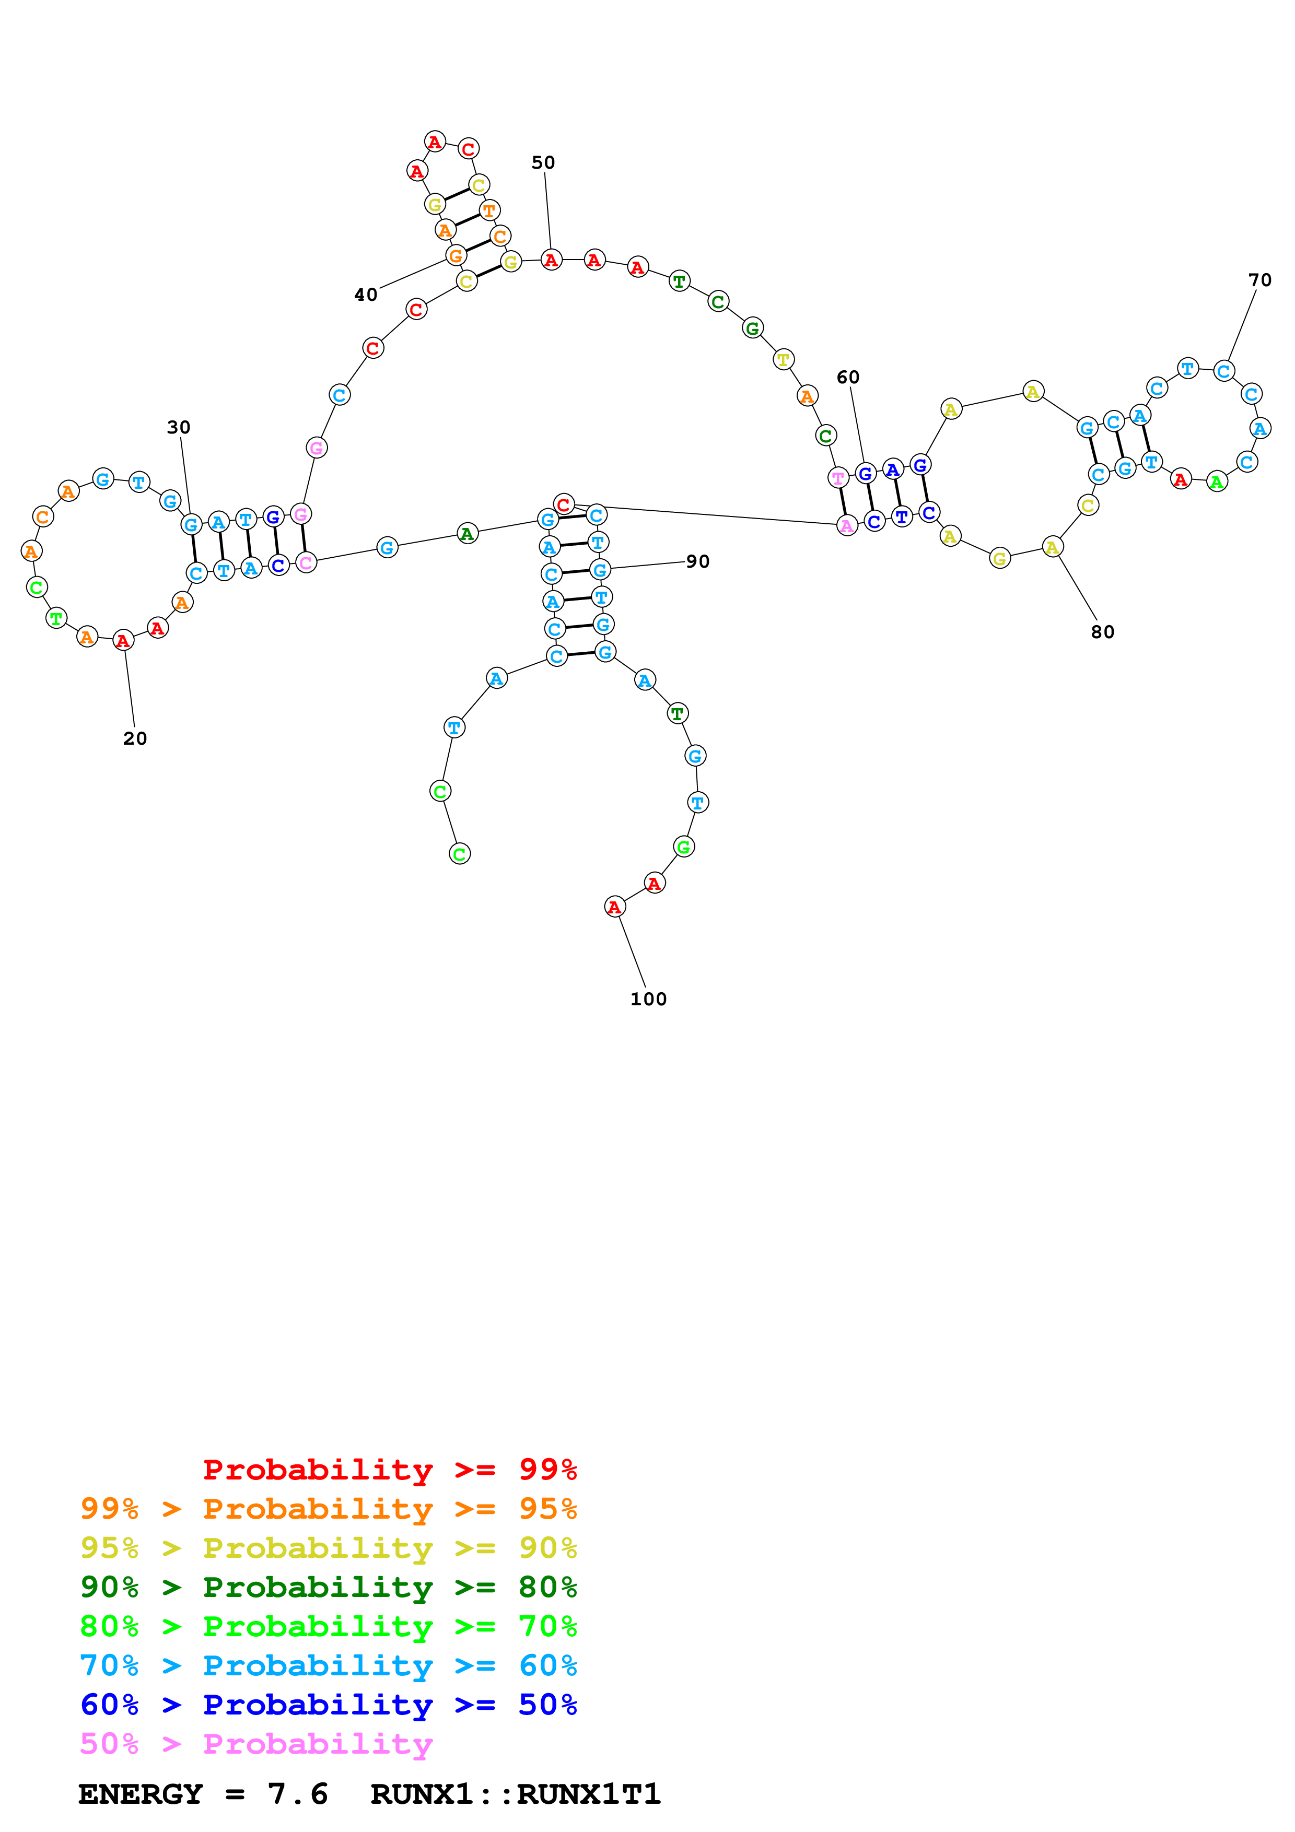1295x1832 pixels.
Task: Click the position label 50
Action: tap(543, 163)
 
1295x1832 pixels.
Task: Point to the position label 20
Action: tap(135, 739)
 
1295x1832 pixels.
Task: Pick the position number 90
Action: tap(697, 562)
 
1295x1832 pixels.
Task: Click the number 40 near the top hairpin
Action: tap(366, 295)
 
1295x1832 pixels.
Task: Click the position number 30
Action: tap(179, 428)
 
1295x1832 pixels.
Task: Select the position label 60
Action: tap(847, 378)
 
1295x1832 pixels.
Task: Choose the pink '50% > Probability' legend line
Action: tap(255, 1744)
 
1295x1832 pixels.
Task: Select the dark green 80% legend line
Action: tap(328, 1587)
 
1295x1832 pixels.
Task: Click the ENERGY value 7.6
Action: tap(298, 1794)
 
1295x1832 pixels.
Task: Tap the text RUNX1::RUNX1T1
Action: tap(516, 1794)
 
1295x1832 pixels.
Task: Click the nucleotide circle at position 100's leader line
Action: tap(614, 907)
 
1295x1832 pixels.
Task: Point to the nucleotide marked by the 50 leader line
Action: tap(551, 260)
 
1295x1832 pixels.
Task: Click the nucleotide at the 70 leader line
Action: tap(1224, 371)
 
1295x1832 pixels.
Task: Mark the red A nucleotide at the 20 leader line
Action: tap(123, 641)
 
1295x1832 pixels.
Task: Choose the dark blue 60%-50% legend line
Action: tap(328, 1705)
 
